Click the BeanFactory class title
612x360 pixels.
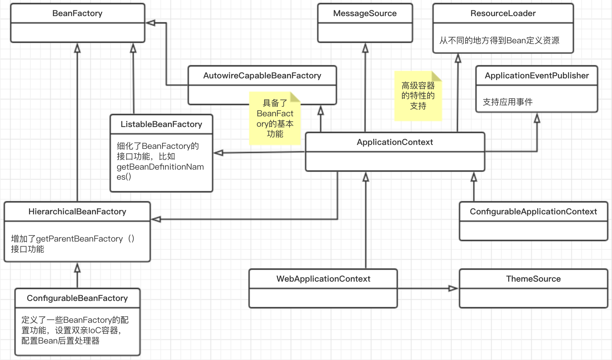77,14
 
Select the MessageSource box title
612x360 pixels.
365,14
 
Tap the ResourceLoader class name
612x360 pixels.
503,14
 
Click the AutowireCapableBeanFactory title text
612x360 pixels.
262,76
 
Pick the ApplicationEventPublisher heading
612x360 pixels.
536,76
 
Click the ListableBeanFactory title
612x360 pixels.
161,125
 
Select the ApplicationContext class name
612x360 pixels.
395,142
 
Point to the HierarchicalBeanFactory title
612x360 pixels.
77,212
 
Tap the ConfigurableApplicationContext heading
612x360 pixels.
533,212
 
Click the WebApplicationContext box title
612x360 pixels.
323,279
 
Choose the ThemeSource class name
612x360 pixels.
533,279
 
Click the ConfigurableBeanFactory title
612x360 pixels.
77,298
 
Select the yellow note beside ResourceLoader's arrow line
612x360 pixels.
418,96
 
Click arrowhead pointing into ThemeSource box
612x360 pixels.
453,288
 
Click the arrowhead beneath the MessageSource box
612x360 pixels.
365,48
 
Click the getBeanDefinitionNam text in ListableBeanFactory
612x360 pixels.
160,167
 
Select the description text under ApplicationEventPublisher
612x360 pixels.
507,102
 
